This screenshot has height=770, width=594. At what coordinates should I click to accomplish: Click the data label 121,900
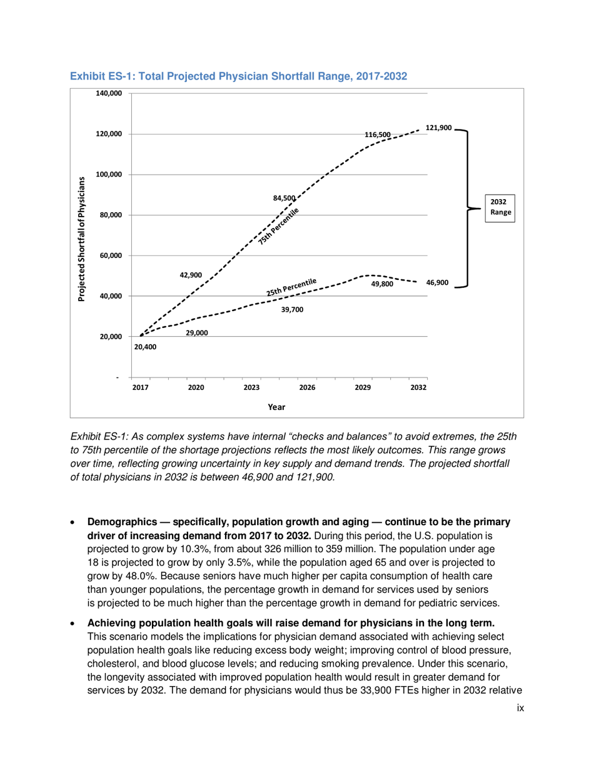pos(438,128)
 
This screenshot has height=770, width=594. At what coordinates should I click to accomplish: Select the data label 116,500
pos(378,135)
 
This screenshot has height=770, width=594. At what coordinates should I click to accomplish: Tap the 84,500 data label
pos(284,198)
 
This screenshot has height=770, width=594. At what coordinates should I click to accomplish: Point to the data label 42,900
pos(191,275)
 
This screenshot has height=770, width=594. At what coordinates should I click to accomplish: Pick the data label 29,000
pos(197,332)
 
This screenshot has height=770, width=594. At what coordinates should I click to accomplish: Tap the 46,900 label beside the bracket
pos(437,283)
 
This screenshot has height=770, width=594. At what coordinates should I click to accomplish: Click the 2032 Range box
pos(498,207)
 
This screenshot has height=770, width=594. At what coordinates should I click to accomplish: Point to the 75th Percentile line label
pos(279,225)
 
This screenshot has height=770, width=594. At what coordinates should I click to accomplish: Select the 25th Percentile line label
pos(291,288)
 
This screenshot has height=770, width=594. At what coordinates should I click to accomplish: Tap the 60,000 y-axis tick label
pos(111,255)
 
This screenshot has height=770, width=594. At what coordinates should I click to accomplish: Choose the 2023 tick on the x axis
pos(251,388)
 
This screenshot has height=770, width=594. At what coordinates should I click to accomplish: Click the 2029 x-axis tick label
pos(363,388)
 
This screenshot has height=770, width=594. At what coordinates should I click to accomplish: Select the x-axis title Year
pos(276,407)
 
